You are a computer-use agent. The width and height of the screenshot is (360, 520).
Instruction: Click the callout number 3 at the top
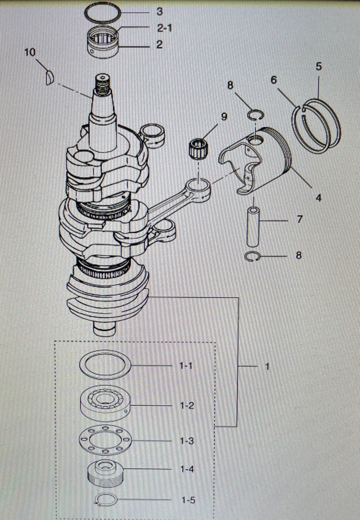(160, 12)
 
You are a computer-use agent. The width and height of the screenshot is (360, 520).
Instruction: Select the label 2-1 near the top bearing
(165, 28)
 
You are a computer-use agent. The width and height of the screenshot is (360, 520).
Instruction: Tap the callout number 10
(30, 52)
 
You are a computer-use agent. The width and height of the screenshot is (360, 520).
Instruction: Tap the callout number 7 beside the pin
(300, 220)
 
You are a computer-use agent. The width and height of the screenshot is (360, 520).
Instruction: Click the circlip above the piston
(255, 115)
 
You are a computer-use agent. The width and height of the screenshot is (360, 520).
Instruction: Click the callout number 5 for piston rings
(319, 67)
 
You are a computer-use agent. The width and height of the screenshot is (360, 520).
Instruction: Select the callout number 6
(273, 81)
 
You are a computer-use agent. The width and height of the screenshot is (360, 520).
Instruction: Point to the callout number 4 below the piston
(319, 198)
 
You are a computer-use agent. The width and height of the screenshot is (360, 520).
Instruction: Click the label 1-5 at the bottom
(188, 500)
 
